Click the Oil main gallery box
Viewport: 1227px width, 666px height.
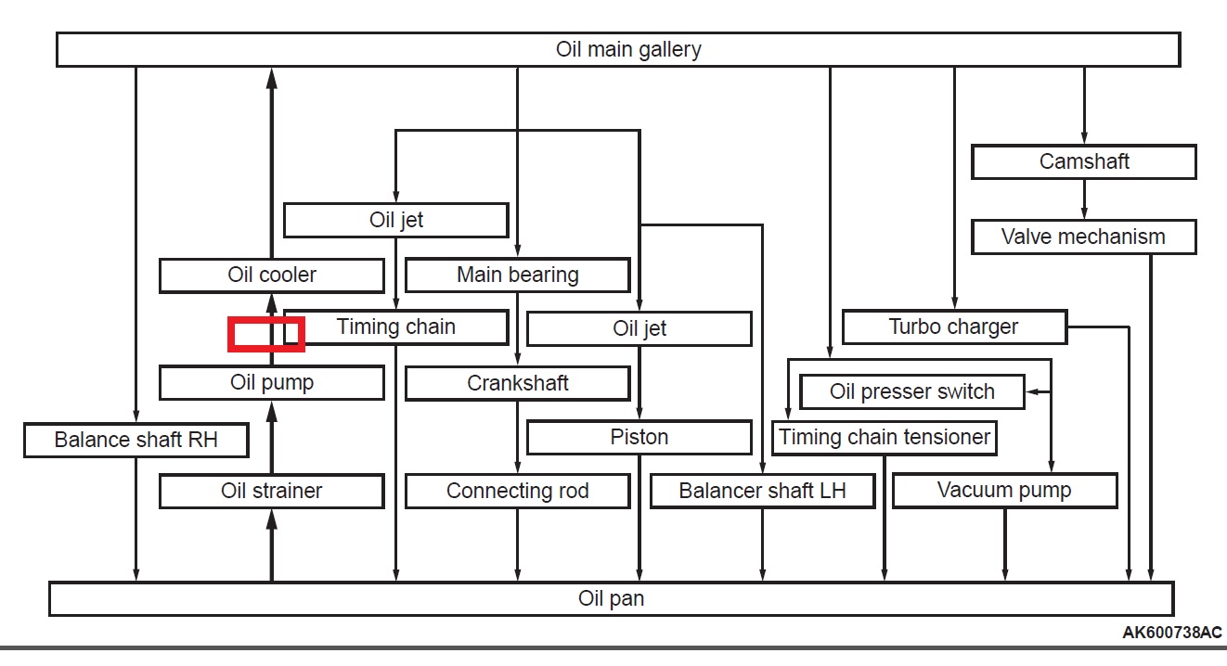618,49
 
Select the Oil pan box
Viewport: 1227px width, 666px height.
611,598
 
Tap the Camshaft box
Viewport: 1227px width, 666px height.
1083,161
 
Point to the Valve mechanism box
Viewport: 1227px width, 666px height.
1083,237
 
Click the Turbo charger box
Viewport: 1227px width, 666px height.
953,327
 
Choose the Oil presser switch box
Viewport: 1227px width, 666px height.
911,391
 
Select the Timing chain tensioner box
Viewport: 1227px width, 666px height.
884,437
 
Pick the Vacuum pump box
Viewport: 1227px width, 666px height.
1004,491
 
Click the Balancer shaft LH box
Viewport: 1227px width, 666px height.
762,491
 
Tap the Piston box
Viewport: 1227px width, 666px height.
639,437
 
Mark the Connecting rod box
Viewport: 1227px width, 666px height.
517,491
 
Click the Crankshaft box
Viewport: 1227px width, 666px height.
517,383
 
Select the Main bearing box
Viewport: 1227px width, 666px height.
517,275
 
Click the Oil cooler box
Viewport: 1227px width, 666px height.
271,275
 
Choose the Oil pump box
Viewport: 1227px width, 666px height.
271,382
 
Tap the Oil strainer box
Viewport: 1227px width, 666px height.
271,491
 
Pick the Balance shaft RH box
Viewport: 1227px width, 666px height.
136,440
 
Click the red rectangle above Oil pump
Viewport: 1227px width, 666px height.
266,334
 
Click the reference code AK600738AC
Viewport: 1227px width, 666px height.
1171,633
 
